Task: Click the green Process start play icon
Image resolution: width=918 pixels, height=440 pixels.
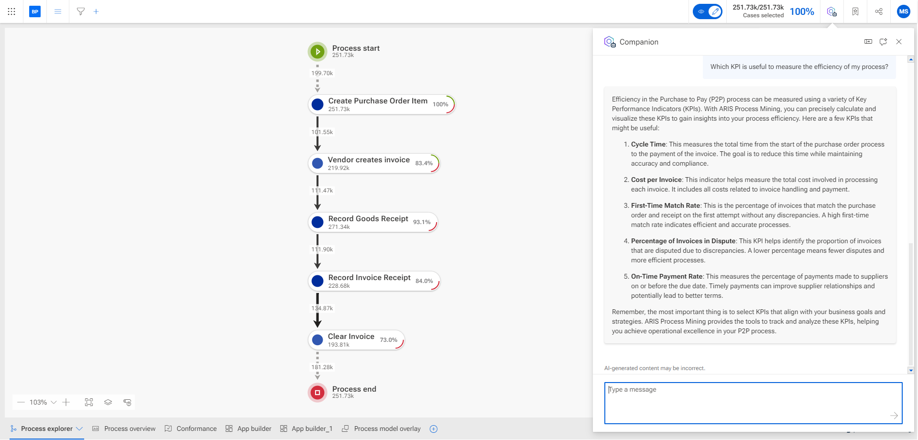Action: pyautogui.click(x=317, y=52)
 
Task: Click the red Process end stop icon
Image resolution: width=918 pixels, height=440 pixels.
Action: pyautogui.click(x=317, y=393)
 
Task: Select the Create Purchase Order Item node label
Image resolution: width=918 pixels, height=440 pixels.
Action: pyautogui.click(x=378, y=101)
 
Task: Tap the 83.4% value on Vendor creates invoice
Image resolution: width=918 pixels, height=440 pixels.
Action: pyautogui.click(x=424, y=163)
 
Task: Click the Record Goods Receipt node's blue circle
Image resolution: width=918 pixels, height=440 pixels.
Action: pyautogui.click(x=317, y=222)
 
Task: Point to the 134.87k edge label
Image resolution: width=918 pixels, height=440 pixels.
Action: pyautogui.click(x=322, y=308)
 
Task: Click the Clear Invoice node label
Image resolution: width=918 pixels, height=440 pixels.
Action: pyautogui.click(x=351, y=337)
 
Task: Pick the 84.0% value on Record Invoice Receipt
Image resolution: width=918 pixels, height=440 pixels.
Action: pyautogui.click(x=424, y=281)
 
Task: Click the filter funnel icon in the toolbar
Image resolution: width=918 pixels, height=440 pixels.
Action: pyautogui.click(x=81, y=11)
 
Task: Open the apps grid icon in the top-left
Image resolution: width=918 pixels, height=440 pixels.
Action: pyautogui.click(x=11, y=11)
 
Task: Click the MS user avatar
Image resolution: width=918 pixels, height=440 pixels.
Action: pyautogui.click(x=903, y=11)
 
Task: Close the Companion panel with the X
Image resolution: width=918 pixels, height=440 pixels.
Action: pyautogui.click(x=899, y=42)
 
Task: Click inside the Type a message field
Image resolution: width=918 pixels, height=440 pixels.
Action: pyautogui.click(x=753, y=403)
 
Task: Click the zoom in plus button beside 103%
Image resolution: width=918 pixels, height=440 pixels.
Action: pyautogui.click(x=66, y=402)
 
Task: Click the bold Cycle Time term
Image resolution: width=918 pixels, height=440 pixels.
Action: pyautogui.click(x=648, y=144)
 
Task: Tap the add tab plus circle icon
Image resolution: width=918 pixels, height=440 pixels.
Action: pyautogui.click(x=434, y=429)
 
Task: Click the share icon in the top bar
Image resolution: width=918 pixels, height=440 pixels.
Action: pyautogui.click(x=879, y=11)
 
